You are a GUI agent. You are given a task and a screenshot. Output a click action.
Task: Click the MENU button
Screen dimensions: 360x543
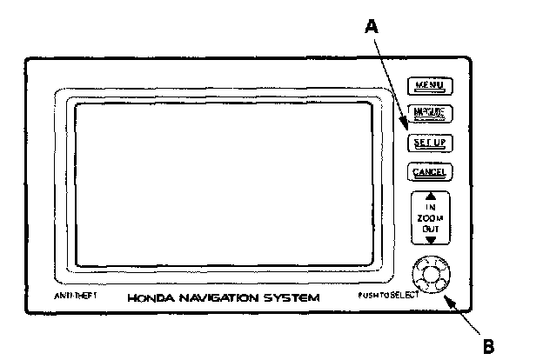click(x=429, y=85)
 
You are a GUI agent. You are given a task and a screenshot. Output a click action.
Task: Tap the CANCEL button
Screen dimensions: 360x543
click(x=429, y=171)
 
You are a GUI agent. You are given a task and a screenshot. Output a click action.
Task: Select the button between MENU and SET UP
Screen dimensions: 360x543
click(x=429, y=113)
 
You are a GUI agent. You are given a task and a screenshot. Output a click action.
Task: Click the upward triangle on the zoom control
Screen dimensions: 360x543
click(x=429, y=197)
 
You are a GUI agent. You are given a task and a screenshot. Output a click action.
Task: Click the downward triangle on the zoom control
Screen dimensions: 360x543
click(x=429, y=237)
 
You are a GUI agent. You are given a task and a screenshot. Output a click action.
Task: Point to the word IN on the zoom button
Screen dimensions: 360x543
click(x=429, y=207)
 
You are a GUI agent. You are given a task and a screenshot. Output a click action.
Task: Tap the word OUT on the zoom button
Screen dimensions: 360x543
click(x=429, y=228)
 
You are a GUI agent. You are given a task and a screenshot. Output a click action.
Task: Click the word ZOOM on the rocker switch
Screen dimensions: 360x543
click(x=429, y=217)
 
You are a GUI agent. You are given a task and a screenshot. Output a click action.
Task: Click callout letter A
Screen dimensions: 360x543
click(x=372, y=27)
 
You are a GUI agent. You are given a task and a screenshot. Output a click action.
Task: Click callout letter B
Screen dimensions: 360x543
click(x=489, y=344)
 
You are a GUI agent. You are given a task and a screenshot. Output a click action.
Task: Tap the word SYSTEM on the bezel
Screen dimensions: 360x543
click(x=297, y=298)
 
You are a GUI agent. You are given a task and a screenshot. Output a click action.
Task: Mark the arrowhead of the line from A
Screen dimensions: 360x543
click(x=406, y=131)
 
